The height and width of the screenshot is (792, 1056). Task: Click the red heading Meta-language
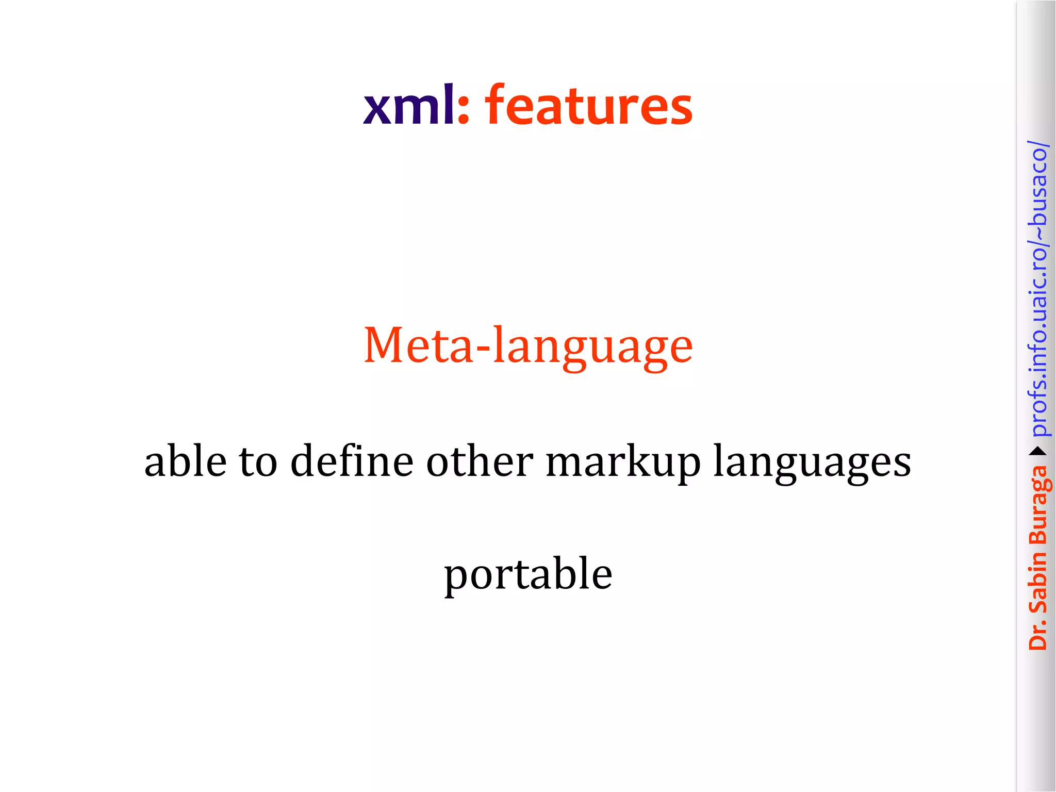coord(528,346)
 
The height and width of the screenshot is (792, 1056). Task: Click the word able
coord(185,460)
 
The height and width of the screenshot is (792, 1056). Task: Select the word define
coord(352,460)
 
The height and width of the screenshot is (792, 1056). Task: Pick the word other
coord(480,460)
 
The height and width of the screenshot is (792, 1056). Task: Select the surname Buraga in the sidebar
coord(1038,505)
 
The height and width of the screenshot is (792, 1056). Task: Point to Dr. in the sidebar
coord(1037,635)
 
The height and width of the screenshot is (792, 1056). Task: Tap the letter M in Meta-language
coord(385,345)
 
